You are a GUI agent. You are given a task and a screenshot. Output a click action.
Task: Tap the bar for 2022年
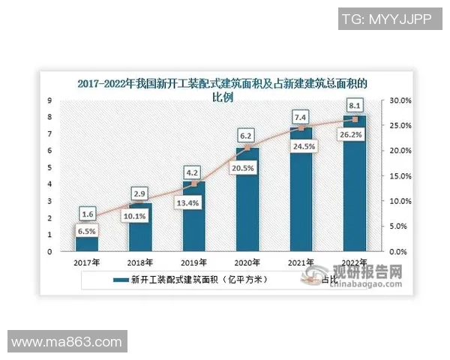(x=354, y=187)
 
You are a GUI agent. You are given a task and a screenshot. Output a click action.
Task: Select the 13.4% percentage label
(x=194, y=201)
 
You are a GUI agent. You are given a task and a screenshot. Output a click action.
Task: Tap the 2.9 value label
(x=140, y=193)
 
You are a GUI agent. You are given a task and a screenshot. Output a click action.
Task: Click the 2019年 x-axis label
(x=194, y=263)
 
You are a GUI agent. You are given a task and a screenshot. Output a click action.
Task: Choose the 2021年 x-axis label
(x=301, y=263)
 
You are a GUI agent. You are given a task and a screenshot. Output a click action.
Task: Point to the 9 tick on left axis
(x=49, y=100)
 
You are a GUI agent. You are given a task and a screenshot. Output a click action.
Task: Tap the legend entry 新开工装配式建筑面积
(x=187, y=280)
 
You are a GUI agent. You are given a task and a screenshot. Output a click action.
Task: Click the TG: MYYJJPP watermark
(x=386, y=18)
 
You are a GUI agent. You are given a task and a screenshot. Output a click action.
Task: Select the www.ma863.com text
(x=67, y=342)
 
